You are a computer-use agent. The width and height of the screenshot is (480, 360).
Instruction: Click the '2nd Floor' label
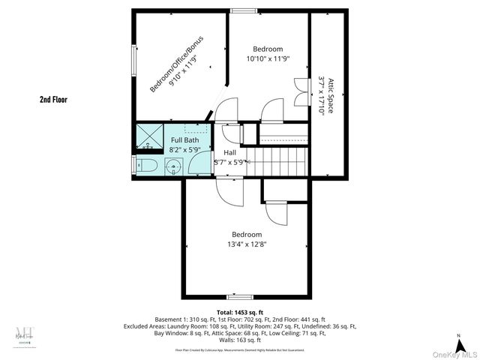click(53, 98)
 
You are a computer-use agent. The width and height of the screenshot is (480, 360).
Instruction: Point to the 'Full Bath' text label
click(184, 140)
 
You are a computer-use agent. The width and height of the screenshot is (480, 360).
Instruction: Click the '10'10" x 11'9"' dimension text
click(268, 58)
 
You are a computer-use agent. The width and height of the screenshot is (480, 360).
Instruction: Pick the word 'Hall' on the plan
click(229, 152)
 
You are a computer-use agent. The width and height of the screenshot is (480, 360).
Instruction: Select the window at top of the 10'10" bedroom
click(241, 10)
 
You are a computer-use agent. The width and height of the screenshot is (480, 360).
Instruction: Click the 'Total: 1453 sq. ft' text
click(240, 312)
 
